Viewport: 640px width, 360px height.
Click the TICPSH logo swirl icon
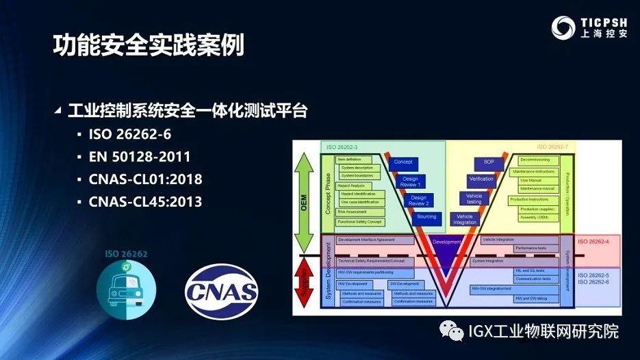click(564, 28)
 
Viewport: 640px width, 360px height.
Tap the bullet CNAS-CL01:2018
click(145, 179)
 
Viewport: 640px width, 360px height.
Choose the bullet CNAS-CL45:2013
click(145, 202)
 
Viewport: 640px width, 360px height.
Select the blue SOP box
click(489, 163)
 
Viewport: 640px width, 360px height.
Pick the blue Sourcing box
click(426, 217)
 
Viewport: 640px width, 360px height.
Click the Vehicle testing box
click(474, 199)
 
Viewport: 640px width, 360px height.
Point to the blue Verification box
click(481, 180)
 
